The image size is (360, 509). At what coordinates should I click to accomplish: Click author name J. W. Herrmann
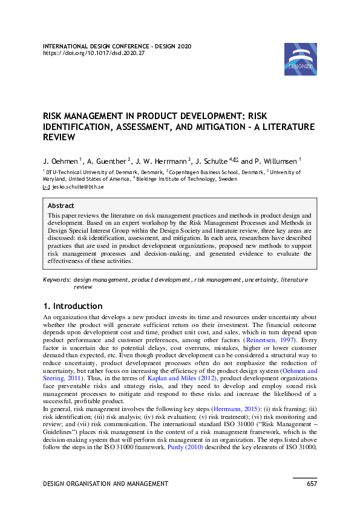pos(163,161)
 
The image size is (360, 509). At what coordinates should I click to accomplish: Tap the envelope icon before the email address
pos(46,188)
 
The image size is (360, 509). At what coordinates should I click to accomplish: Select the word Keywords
pos(57,280)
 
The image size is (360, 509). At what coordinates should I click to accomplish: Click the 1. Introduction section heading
pos(73,306)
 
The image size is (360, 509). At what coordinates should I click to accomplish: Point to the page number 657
pos(311,484)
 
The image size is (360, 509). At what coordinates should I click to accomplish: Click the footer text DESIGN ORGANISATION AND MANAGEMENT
pos(105,484)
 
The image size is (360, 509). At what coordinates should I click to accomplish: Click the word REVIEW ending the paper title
pos(59,137)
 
